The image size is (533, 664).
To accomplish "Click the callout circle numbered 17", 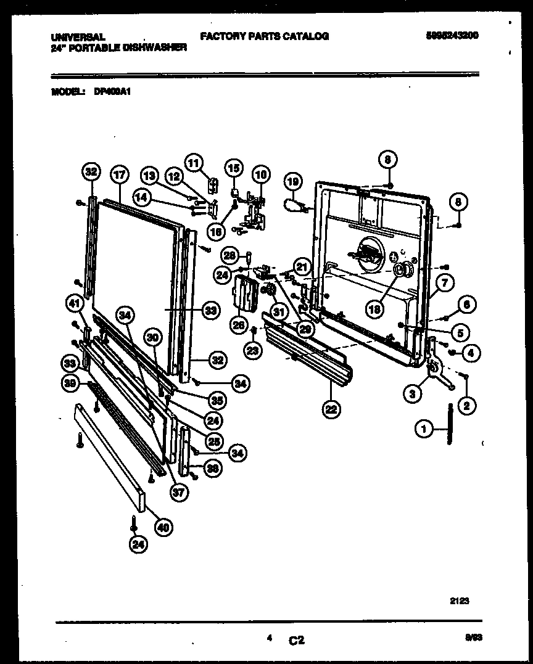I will (x=118, y=174).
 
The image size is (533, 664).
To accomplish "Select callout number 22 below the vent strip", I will (x=331, y=409).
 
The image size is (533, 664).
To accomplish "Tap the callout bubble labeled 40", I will (x=163, y=527).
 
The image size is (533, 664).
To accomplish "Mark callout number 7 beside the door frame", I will (x=444, y=283).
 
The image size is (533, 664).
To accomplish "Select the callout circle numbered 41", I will (x=75, y=303).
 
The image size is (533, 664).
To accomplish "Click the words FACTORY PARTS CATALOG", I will (x=264, y=36).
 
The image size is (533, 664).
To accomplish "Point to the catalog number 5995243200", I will (x=452, y=36).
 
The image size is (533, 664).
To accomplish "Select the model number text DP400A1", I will (x=113, y=91).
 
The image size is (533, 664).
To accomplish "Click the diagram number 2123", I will (x=460, y=601).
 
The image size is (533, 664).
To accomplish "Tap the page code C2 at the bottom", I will (x=296, y=641).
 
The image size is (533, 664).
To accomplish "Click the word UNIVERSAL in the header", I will (x=78, y=37).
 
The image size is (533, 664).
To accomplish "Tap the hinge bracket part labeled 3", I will (x=437, y=370).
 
